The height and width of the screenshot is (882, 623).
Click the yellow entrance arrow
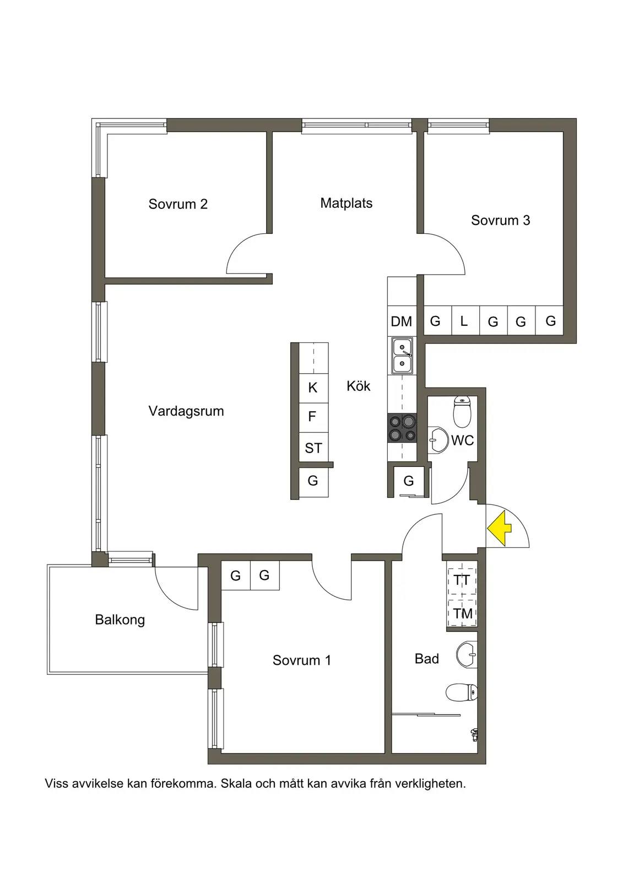499,528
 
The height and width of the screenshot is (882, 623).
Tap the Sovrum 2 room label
178,204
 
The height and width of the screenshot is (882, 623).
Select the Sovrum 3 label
500,220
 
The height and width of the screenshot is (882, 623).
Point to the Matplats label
346,203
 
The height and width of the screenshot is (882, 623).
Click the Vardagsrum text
186,411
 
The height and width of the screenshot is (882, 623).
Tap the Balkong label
120,620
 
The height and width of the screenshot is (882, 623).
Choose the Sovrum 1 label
302,660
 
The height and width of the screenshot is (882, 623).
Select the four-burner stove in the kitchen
402,428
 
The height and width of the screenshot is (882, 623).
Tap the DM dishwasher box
402,321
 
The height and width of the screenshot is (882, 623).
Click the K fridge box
313,388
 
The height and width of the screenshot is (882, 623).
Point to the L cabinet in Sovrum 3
465,321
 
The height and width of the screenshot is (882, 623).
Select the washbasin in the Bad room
467,654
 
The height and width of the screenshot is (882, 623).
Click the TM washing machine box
462,613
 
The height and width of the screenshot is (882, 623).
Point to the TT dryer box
462,580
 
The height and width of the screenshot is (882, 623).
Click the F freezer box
313,417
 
